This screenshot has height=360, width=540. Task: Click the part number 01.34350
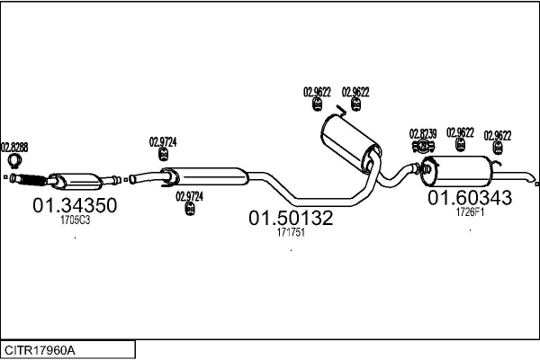pos(75,205)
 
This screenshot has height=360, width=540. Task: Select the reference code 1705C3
pos(75,220)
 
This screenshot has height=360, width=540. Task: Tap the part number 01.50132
pos(291,218)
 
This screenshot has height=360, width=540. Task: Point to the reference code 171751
pos(291,232)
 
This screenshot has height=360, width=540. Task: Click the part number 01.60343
pos(470,198)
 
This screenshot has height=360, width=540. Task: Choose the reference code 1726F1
pos(470,212)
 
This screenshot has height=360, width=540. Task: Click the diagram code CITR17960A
pos(40,351)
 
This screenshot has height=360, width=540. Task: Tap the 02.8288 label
pos(14,148)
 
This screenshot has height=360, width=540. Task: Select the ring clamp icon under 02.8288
pos(14,162)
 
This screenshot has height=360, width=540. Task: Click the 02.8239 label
pos(423,134)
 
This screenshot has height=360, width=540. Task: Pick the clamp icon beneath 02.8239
pos(423,147)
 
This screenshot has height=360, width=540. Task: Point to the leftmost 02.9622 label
pos(317,92)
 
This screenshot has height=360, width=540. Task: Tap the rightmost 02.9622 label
pos(498,135)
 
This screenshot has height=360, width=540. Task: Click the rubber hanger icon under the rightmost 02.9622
pos(498,148)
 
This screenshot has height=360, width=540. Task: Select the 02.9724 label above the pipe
pos(163,142)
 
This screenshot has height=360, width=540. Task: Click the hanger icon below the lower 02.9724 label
pos(190,209)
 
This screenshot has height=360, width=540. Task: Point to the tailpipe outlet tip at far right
pos(531,178)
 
